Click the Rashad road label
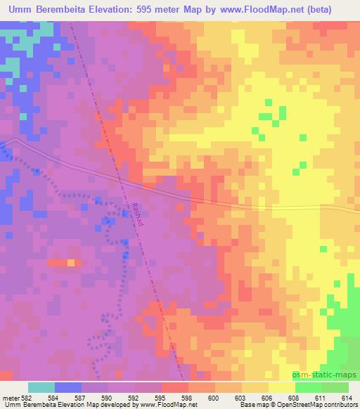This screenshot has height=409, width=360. pos(138,214)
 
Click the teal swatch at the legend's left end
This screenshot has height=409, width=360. pos(41,387)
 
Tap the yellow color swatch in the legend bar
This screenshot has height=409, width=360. pos(281,387)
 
